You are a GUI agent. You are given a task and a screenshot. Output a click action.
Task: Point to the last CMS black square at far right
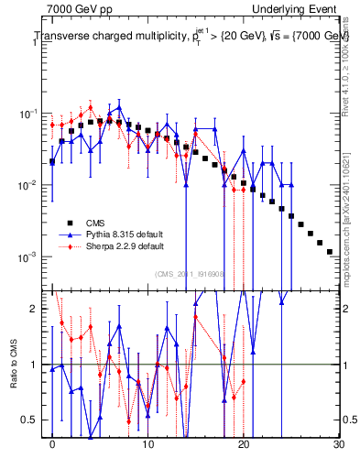329,251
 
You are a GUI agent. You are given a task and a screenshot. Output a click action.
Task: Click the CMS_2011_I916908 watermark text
194,273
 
